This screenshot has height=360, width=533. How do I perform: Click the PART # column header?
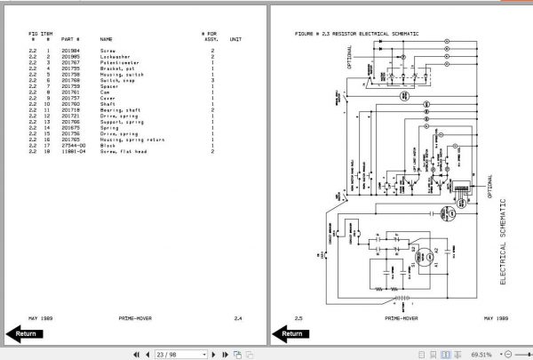point(70,40)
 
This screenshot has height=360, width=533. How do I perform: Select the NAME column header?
point(106,40)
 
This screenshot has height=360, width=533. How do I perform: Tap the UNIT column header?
point(235,40)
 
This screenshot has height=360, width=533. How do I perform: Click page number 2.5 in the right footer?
point(298,316)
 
